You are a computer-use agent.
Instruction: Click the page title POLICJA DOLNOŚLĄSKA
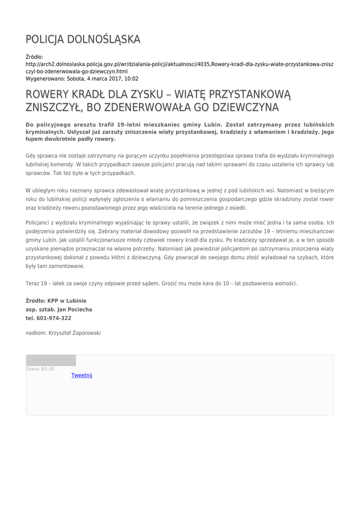point(83,39)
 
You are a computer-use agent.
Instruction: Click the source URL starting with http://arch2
point(179,64)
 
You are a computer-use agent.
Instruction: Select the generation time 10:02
point(132,78)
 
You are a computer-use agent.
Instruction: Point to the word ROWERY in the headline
point(49,94)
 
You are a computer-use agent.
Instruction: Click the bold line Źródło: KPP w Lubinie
point(56,301)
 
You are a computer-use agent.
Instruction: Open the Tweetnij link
point(82,375)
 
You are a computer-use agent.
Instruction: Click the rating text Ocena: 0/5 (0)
point(40,369)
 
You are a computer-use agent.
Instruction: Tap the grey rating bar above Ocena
point(51,360)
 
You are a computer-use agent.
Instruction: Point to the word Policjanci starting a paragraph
point(38,223)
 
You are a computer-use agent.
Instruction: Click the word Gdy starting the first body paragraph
point(31,156)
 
